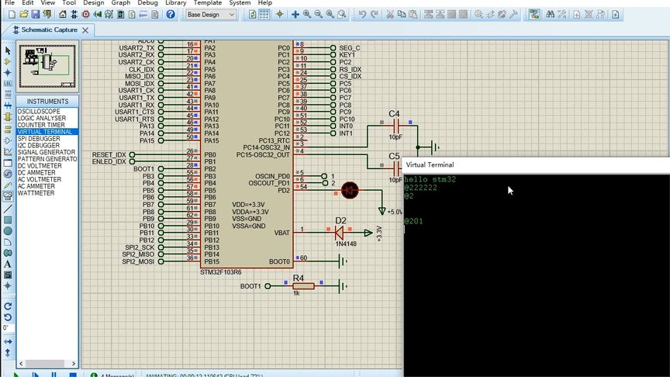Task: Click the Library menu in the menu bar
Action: pos(176,3)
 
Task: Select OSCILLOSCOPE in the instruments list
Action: pos(39,111)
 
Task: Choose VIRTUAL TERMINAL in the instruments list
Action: pos(45,132)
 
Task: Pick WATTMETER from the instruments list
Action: pos(36,193)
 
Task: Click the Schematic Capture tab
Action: pos(49,29)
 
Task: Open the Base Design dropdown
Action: pos(211,14)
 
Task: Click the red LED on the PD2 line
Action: pos(350,189)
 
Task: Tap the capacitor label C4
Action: pos(394,114)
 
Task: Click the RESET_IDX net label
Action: pos(109,154)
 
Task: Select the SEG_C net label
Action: pos(350,48)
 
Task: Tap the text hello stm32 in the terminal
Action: pos(430,179)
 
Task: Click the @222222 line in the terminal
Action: pos(420,188)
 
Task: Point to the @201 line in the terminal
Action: pos(413,221)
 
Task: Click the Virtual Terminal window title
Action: pos(430,164)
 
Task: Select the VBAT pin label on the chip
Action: pos(282,232)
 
